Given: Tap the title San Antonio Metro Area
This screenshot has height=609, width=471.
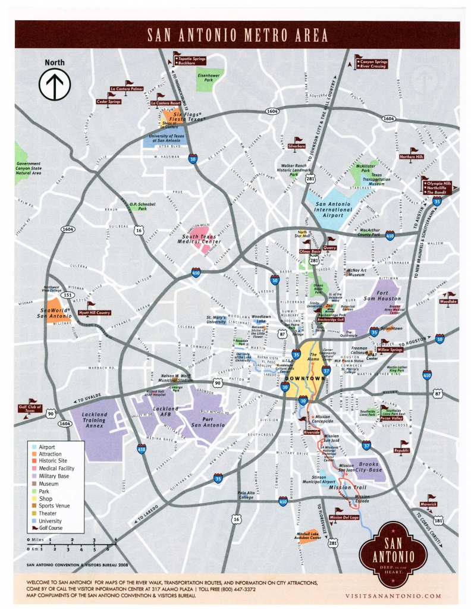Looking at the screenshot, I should point(236,35).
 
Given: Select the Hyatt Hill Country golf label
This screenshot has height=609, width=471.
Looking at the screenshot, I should point(95,312).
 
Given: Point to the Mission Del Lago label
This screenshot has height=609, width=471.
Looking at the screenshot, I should point(344,518).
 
